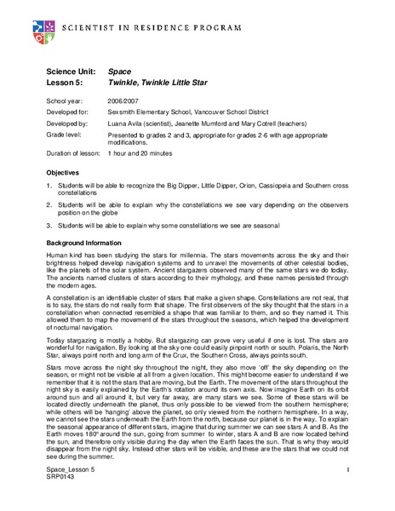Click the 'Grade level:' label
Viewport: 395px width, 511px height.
[x=65, y=135]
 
